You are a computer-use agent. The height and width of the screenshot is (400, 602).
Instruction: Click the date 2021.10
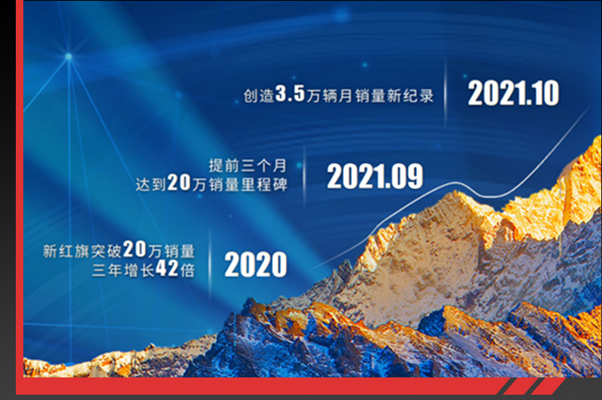(x=513, y=93)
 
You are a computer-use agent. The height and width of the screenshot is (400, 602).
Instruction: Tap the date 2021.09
(x=375, y=176)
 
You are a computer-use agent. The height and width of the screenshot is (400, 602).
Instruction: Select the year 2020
(x=256, y=264)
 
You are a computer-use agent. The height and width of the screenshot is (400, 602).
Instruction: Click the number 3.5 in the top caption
(x=290, y=93)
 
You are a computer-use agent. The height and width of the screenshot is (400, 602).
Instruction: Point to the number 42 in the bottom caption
(x=167, y=268)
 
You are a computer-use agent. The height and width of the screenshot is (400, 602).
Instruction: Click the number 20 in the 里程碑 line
(x=179, y=182)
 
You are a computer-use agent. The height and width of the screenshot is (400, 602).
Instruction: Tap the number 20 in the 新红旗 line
(x=135, y=250)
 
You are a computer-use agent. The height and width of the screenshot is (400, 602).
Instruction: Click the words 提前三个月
(x=248, y=165)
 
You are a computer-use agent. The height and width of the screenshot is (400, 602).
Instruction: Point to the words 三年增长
(x=123, y=271)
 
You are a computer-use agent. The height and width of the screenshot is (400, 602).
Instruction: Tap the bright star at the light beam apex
(x=68, y=56)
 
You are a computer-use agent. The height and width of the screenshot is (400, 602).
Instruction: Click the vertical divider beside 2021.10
(x=445, y=94)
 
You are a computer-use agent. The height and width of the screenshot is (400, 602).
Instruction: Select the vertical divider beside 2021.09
(x=305, y=177)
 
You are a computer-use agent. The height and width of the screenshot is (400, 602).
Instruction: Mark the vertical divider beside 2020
(x=210, y=265)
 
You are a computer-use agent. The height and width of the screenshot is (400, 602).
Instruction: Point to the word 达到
(x=151, y=184)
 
